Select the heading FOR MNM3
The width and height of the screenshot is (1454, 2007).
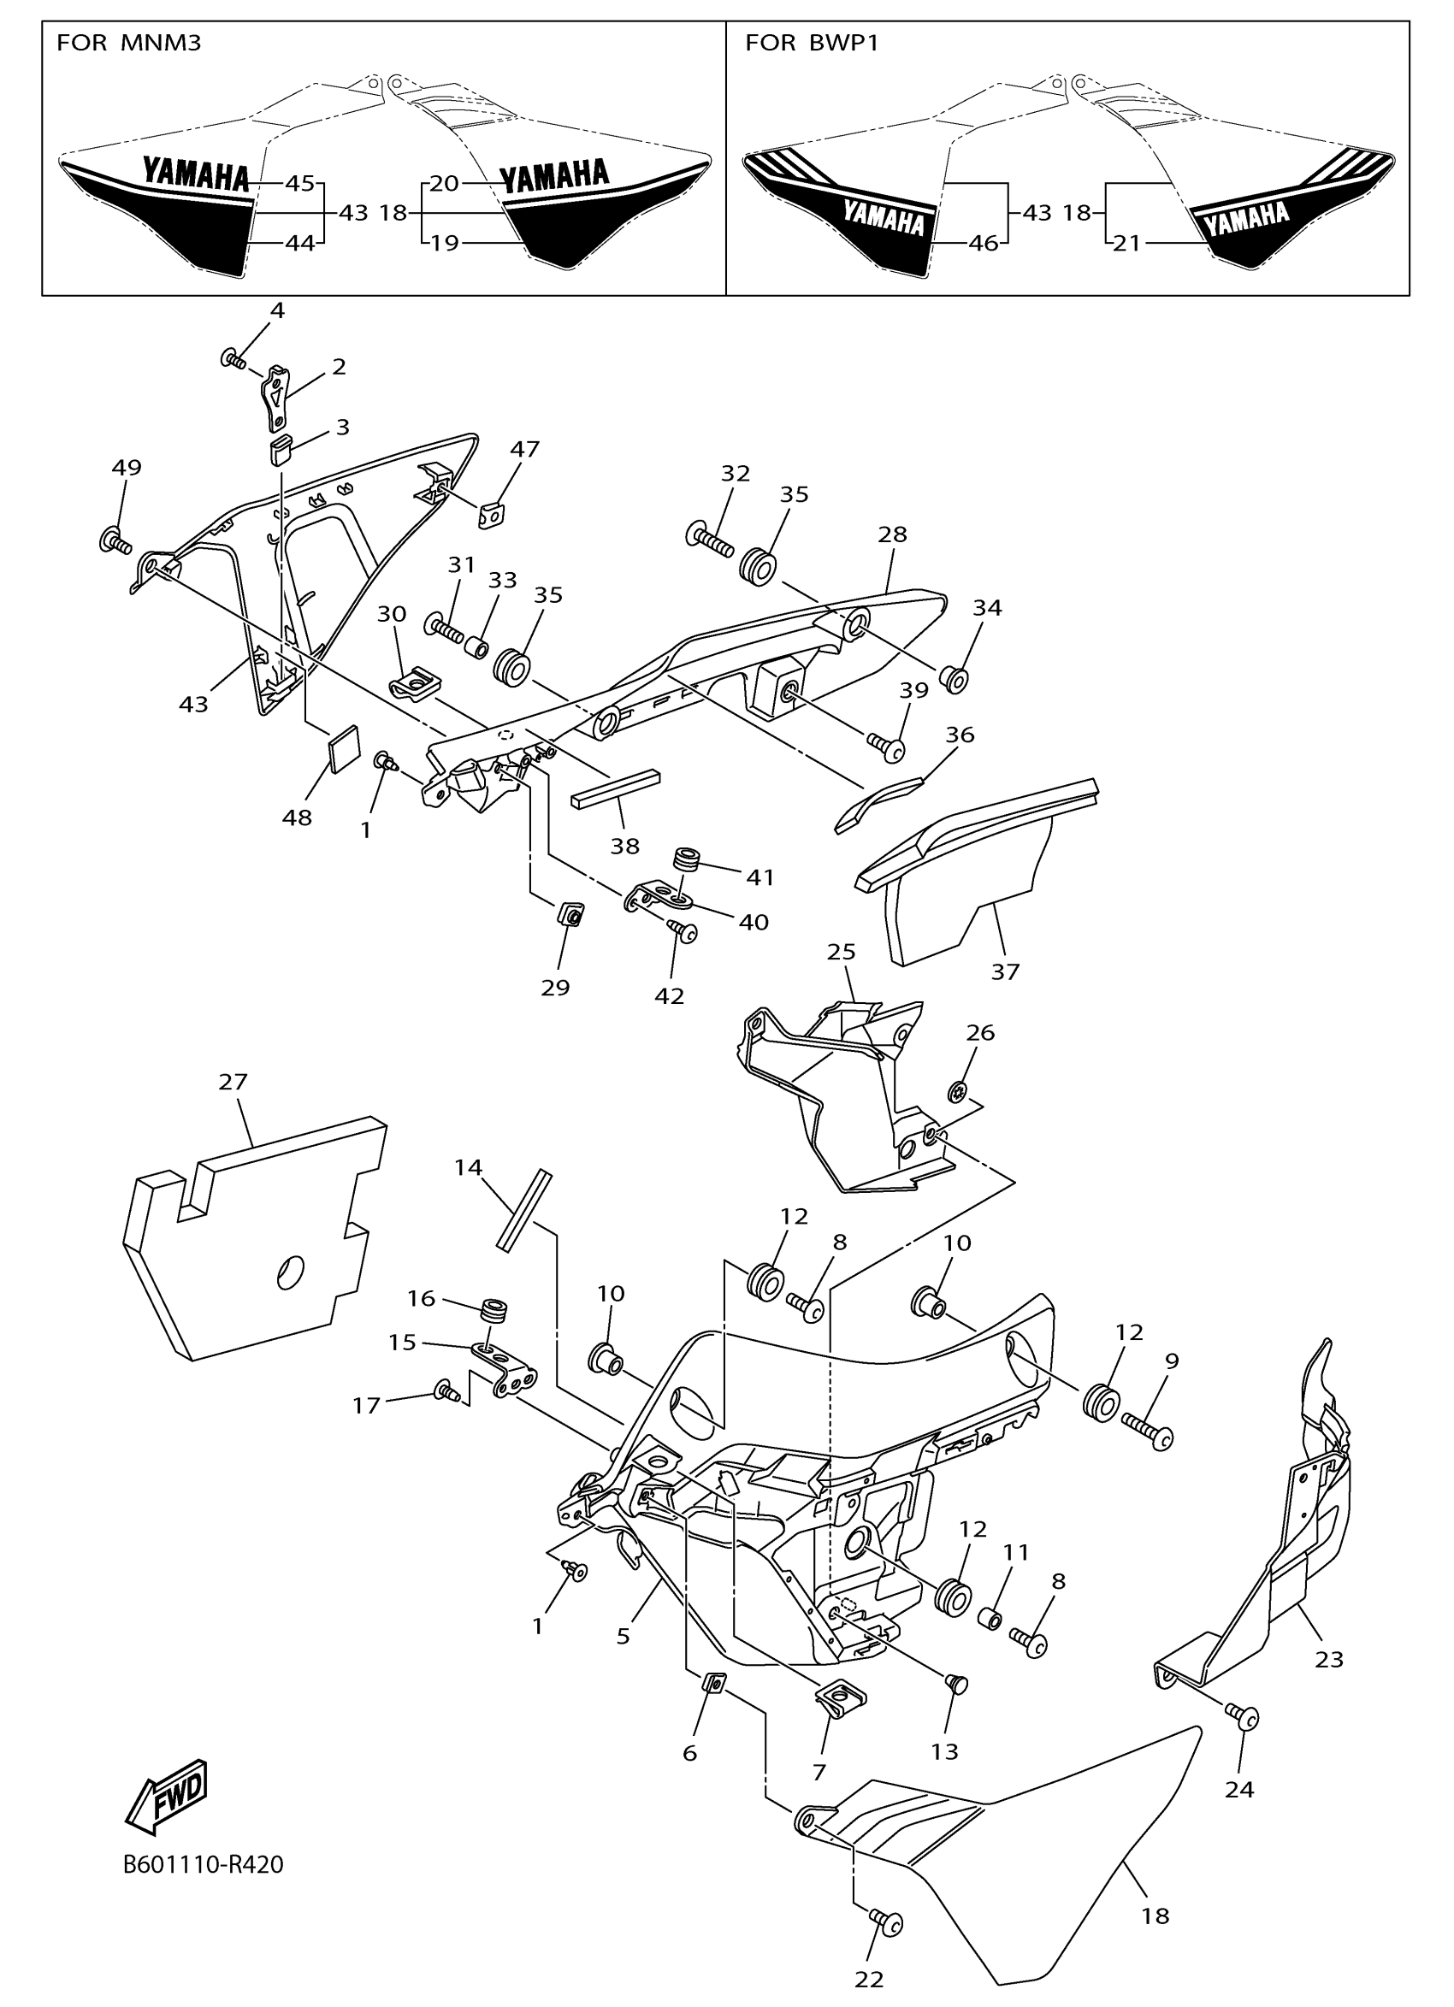(x=128, y=43)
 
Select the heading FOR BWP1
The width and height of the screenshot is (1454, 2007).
(x=812, y=43)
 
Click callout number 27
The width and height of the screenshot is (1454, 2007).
(x=233, y=1082)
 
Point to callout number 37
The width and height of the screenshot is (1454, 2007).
(x=1005, y=971)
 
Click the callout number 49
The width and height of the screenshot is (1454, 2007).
(x=127, y=467)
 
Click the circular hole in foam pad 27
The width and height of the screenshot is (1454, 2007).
(x=290, y=1272)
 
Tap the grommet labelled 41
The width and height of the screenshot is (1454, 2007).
(x=686, y=859)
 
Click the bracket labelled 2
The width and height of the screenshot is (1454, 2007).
(x=275, y=395)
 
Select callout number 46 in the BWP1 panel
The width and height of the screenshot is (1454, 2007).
(x=984, y=243)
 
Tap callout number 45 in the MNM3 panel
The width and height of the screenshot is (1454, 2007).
(x=300, y=183)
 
